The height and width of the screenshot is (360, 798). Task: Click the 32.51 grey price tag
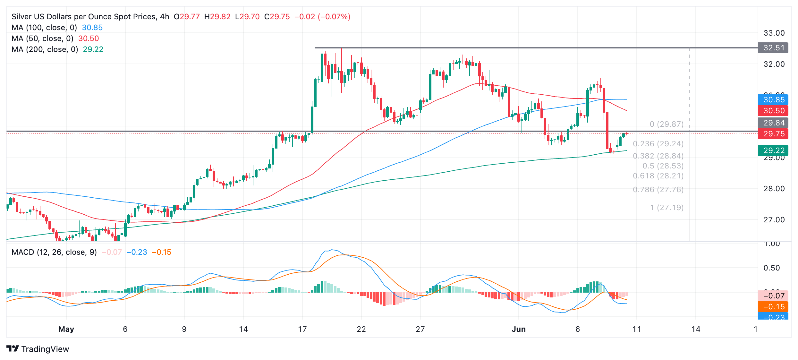tap(773, 48)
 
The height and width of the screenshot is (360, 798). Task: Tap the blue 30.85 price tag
tap(773, 100)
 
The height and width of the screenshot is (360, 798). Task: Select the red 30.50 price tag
tap(773, 111)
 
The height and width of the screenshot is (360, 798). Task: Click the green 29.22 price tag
tap(773, 150)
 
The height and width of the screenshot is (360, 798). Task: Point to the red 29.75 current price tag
tap(773, 134)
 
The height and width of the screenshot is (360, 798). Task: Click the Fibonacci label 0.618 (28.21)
tap(658, 176)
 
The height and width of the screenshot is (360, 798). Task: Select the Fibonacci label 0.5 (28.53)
tap(663, 166)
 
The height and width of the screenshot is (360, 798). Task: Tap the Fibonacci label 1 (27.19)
tap(666, 208)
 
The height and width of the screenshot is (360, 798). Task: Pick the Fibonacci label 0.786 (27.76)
tap(658, 190)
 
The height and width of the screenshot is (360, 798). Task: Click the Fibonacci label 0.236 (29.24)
tap(658, 144)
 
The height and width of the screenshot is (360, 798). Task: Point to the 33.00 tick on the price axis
tap(774, 33)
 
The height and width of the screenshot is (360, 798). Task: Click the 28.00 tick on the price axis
tap(774, 189)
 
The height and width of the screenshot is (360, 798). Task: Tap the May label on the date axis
tap(66, 329)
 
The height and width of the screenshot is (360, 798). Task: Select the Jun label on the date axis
tap(519, 329)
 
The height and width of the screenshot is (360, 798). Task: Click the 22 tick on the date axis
tap(361, 329)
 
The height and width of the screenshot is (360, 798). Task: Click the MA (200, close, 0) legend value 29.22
tap(93, 49)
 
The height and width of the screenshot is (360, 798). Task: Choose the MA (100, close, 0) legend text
tap(44, 28)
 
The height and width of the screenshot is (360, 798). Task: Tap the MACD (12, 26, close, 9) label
tap(54, 252)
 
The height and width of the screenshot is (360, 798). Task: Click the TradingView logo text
tap(45, 349)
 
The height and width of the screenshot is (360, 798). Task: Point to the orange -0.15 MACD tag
tap(773, 307)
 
